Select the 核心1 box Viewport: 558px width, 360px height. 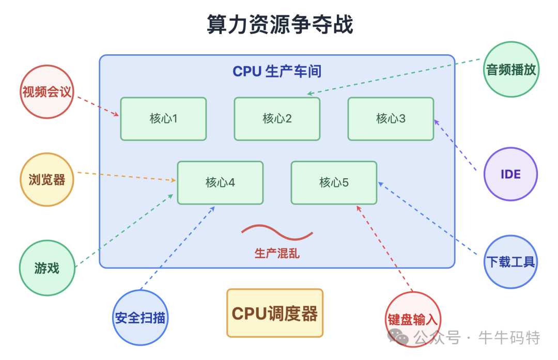(x=163, y=119)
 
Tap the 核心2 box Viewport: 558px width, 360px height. (x=277, y=119)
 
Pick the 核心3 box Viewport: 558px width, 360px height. (x=391, y=119)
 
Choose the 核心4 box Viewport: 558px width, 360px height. (x=220, y=182)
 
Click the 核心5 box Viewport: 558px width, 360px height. (x=334, y=182)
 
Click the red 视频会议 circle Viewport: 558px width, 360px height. (x=47, y=92)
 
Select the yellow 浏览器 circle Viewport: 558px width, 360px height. (x=47, y=179)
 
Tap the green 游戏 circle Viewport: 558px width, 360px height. (x=47, y=268)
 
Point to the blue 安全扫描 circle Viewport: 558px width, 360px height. (x=140, y=317)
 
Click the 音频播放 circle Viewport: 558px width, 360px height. (x=512, y=70)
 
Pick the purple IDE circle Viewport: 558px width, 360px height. (x=510, y=174)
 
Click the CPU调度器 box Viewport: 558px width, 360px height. (x=274, y=313)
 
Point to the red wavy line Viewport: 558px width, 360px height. (x=277, y=232)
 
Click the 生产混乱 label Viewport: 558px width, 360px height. (x=277, y=254)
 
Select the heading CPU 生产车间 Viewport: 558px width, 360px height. (x=277, y=71)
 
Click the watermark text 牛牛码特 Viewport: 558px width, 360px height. (x=509, y=338)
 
